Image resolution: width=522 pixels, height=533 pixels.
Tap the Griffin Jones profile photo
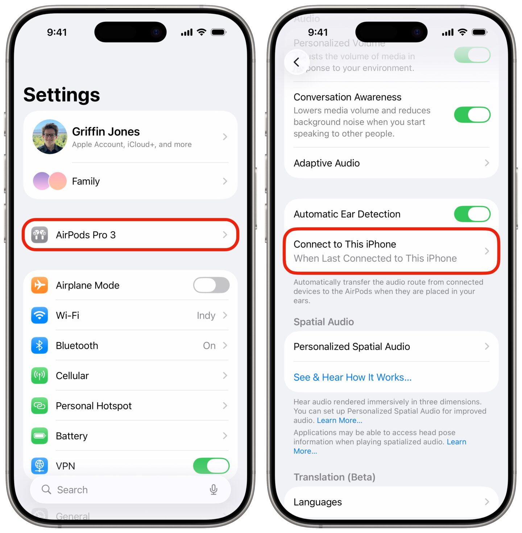[x=50, y=137]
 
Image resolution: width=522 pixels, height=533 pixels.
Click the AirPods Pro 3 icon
[x=40, y=235]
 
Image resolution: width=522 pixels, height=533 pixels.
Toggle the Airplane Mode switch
[x=211, y=285]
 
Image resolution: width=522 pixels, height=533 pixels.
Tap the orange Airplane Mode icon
[x=40, y=285]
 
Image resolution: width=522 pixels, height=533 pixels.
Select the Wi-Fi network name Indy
[x=206, y=316]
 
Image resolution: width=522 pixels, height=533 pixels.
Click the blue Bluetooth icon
[x=40, y=345]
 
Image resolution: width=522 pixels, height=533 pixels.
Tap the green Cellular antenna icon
[x=40, y=375]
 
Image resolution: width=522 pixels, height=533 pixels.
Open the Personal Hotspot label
[x=94, y=406]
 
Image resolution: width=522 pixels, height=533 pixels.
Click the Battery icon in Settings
[x=40, y=436]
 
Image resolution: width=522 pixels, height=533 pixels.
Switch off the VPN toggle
[x=211, y=466]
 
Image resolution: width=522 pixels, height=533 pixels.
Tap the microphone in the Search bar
[x=214, y=490]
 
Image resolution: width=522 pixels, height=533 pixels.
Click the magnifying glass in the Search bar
[x=46, y=490]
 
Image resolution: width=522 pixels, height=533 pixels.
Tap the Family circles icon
[x=50, y=181]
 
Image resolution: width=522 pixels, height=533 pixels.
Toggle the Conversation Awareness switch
[x=472, y=115]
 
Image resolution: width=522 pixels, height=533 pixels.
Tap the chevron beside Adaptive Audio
[x=487, y=163]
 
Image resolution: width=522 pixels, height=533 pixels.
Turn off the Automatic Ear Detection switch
[x=472, y=214]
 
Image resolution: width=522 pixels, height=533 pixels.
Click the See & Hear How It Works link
[x=352, y=377]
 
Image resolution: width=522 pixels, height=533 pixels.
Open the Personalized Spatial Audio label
[x=352, y=347]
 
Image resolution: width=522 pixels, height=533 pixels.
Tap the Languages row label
[x=318, y=502]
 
